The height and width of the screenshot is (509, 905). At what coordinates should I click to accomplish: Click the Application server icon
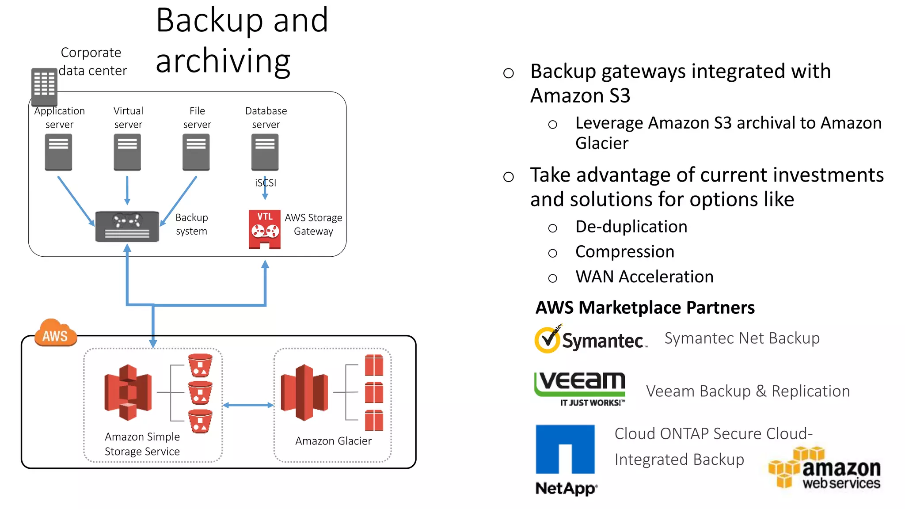point(58,152)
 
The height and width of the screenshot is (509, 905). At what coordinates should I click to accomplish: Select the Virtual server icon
point(127,152)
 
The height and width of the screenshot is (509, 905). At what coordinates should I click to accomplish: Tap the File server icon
point(196,152)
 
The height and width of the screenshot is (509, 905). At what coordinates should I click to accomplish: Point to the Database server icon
point(265,152)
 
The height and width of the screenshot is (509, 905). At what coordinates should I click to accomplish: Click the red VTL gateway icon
point(265,229)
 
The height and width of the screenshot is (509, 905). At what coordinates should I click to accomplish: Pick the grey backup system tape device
point(127,227)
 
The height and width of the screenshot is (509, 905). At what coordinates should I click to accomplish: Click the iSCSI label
point(265,182)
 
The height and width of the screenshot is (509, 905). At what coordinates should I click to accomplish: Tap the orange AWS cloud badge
point(55,333)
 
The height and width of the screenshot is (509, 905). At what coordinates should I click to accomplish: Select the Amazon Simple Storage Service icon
point(128,392)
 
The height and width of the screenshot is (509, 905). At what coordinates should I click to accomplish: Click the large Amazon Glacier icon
point(304,392)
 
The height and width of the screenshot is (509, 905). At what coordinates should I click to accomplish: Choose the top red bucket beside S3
point(200,365)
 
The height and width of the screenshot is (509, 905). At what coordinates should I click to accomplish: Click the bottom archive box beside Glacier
point(374,420)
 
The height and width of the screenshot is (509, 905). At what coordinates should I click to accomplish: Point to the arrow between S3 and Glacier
point(248,405)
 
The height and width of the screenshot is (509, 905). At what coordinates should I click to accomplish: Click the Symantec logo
point(590,339)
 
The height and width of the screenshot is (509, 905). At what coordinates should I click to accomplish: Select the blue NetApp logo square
point(565,449)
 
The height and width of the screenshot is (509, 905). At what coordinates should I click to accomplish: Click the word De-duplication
point(631,227)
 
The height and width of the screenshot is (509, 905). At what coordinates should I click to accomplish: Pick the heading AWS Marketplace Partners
point(645,308)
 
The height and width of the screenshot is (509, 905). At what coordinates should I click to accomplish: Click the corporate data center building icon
point(44,86)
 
